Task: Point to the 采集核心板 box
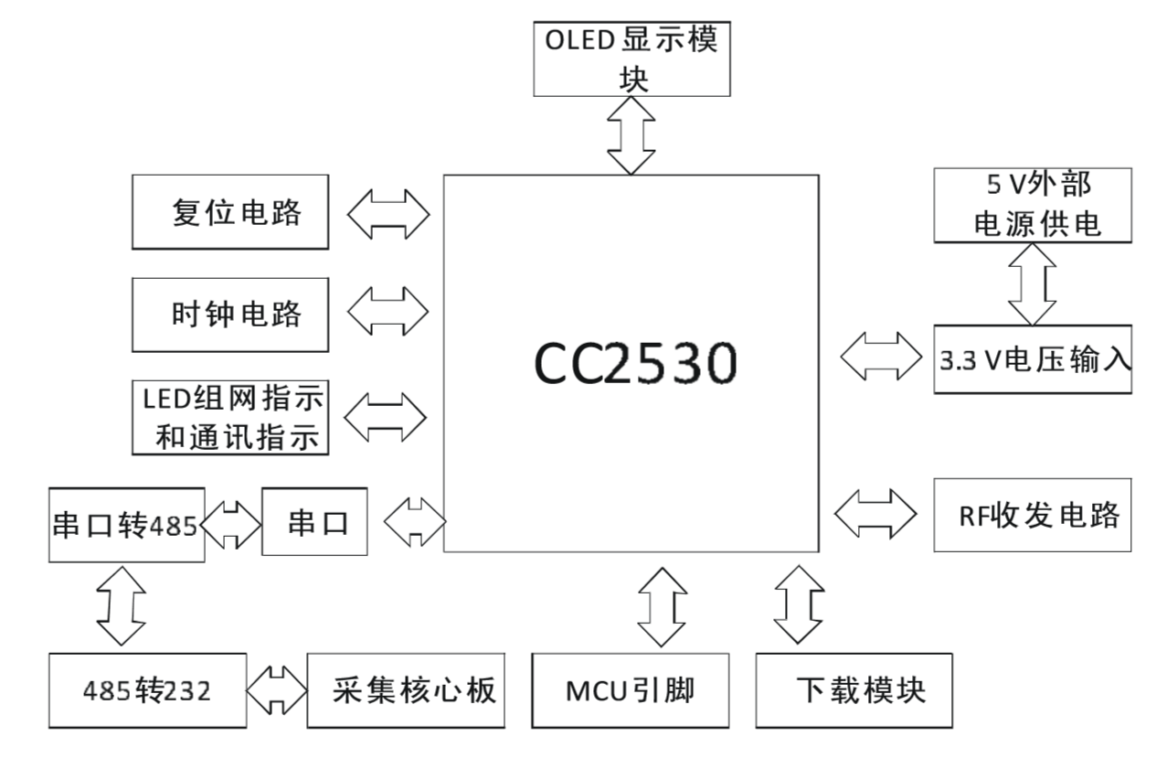click(407, 690)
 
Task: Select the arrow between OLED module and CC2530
click(633, 134)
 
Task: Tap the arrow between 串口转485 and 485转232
click(121, 604)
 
